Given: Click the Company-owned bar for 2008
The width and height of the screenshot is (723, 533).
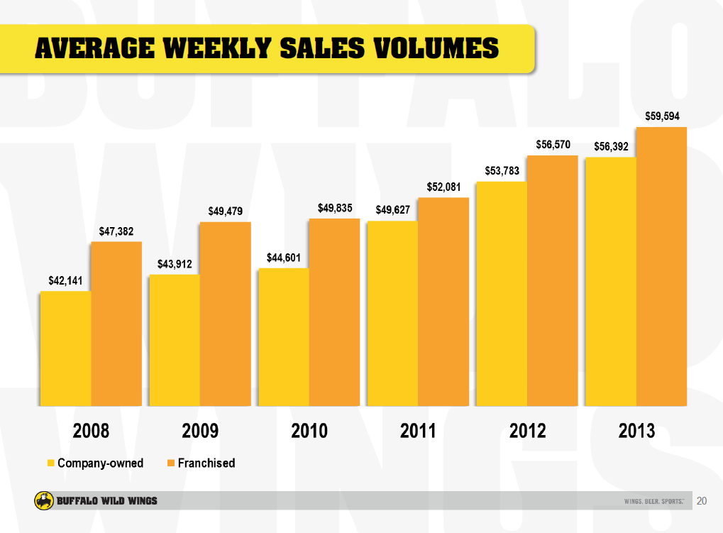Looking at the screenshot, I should pyautogui.click(x=65, y=348).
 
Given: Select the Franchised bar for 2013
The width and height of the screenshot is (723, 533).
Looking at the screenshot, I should pyautogui.click(x=661, y=266).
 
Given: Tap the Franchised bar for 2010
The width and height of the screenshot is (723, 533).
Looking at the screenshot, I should pyautogui.click(x=333, y=312).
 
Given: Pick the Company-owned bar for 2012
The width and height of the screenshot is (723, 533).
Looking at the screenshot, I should pyautogui.click(x=501, y=294).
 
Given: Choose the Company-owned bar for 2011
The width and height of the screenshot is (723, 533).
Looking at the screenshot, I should pyautogui.click(x=392, y=313).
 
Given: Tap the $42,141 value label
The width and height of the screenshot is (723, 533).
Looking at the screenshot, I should pyautogui.click(x=65, y=280).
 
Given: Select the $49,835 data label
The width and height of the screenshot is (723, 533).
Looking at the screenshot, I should pyautogui.click(x=335, y=208).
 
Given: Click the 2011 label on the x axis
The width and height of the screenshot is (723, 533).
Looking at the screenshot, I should pyautogui.click(x=418, y=431).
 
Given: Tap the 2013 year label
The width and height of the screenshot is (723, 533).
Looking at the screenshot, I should pyautogui.click(x=636, y=431).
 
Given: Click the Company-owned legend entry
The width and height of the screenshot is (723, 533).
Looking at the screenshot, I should pyautogui.click(x=95, y=463).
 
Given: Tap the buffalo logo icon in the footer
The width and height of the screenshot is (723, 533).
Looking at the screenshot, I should pyautogui.click(x=43, y=501).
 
